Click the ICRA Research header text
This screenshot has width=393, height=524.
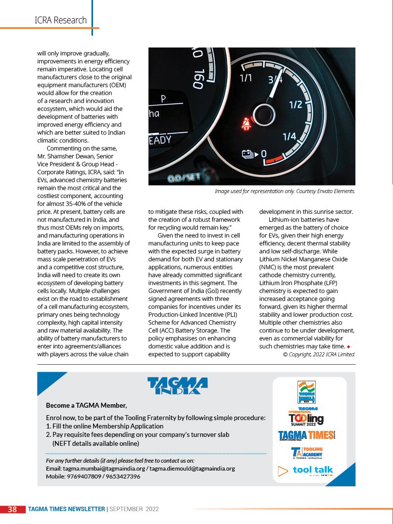(60, 20)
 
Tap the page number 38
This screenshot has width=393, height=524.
(13, 509)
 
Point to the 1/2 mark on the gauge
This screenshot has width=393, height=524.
(295, 104)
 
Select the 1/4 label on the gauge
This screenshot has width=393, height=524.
(289, 136)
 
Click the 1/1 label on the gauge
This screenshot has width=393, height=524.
(246, 78)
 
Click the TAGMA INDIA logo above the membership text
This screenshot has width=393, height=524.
(177, 386)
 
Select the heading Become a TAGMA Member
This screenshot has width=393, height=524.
(86, 405)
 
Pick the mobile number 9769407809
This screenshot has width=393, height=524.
(84, 476)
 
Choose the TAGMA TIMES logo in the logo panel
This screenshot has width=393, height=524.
(306, 435)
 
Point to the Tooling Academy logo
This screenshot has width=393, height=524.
(307, 453)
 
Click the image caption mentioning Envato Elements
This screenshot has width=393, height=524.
(285, 191)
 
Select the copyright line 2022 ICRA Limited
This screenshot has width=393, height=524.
(319, 354)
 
